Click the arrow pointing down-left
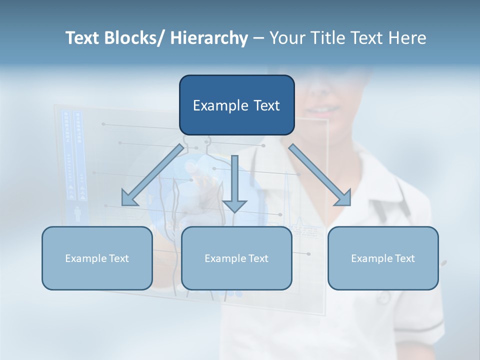153,175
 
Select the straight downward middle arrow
234,182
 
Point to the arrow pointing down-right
320,175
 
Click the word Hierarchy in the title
209,38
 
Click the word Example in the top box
220,105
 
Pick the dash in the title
258,38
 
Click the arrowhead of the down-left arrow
129,198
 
